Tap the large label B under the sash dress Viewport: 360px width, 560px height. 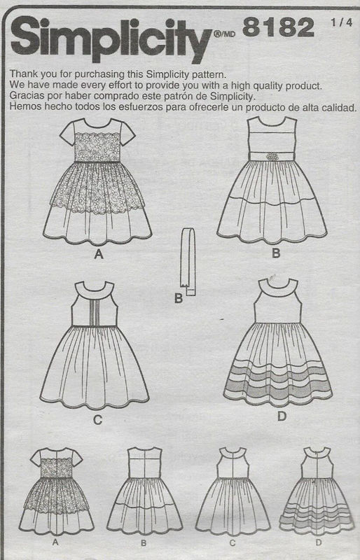coord(276,253)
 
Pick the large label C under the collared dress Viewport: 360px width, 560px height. coord(98,421)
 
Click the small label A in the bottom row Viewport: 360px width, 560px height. coord(55,542)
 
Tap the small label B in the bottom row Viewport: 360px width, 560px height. coord(143,542)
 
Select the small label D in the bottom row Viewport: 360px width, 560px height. coord(317,542)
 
